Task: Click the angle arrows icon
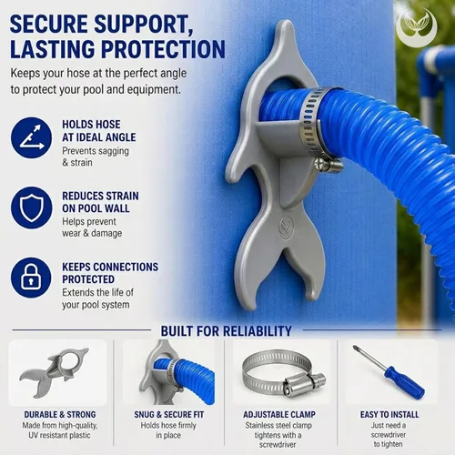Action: tap(31, 137)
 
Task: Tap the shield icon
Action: tap(31, 207)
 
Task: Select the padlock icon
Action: tap(31, 278)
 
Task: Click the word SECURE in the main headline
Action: tap(49, 24)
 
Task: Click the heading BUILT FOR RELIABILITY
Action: tap(226, 331)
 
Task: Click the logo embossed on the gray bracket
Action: tap(287, 226)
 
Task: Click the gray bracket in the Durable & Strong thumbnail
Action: tap(55, 370)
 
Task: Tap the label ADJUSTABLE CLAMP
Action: tap(279, 414)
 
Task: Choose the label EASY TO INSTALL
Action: tap(389, 414)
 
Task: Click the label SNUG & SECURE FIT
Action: tap(169, 414)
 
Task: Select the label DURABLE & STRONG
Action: tap(60, 414)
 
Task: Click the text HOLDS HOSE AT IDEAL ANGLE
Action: tap(99, 131)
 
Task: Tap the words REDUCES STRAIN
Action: tap(100, 196)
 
